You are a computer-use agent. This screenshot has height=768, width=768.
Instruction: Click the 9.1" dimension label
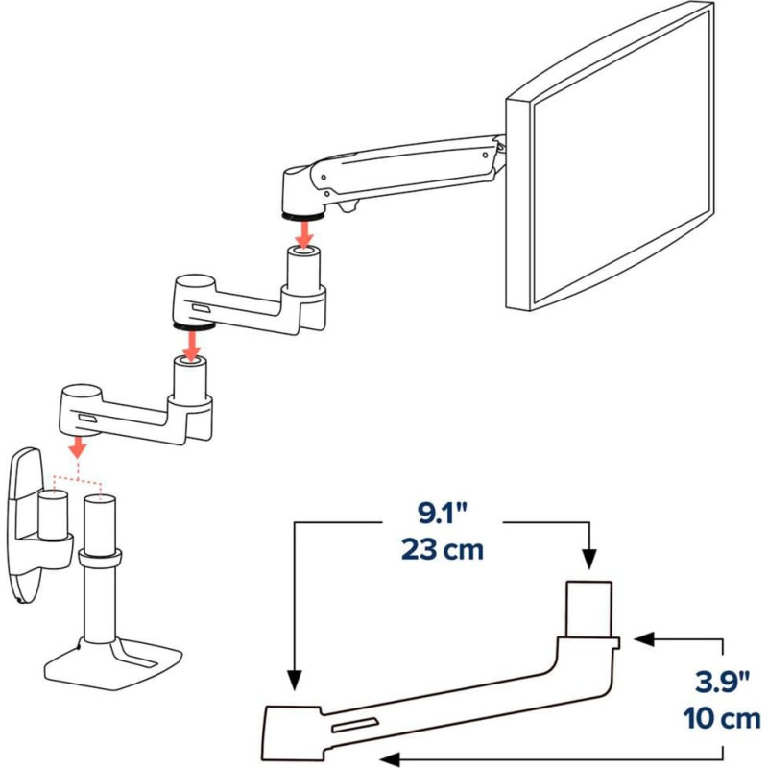(442, 513)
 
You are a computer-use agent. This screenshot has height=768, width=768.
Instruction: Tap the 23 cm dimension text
(442, 549)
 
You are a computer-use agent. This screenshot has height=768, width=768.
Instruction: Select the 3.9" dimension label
(722, 683)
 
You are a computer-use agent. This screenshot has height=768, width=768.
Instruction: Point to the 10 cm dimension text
(722, 718)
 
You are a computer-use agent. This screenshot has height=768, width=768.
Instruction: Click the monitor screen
(622, 156)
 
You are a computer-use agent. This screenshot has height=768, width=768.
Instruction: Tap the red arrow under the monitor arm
(304, 234)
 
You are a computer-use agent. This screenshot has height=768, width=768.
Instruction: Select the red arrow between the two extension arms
(191, 346)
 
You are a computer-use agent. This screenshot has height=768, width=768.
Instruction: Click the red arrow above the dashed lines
(78, 445)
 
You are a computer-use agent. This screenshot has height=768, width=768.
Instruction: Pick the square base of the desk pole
(113, 665)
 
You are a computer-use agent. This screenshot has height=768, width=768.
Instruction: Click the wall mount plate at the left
(23, 524)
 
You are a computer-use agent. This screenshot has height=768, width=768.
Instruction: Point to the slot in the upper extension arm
(202, 308)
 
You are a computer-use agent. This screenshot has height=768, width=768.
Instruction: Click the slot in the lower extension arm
(87, 419)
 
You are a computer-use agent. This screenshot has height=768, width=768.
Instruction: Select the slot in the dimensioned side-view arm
(355, 726)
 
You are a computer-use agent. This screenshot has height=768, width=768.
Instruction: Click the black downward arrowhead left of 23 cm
(295, 680)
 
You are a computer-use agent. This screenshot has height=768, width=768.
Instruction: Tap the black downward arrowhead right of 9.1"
(589, 559)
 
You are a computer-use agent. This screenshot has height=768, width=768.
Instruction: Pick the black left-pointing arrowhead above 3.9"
(644, 639)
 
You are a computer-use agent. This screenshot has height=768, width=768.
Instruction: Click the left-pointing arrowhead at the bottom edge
(390, 759)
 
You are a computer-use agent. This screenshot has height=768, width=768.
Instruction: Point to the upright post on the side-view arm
(588, 609)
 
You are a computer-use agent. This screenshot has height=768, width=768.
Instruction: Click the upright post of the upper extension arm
(303, 270)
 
